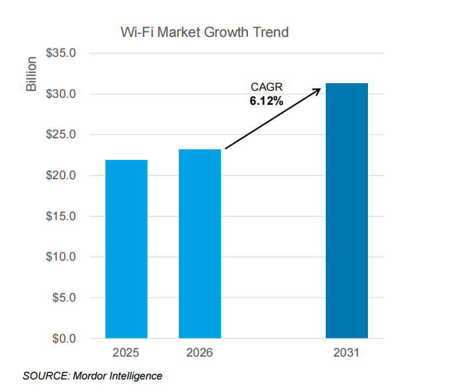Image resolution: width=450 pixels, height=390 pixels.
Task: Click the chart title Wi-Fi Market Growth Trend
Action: tap(204, 32)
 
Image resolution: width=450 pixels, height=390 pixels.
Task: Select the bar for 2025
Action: tap(126, 249)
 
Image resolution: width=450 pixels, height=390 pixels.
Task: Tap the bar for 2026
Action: tap(200, 244)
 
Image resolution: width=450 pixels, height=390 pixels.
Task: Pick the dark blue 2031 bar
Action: tap(347, 211)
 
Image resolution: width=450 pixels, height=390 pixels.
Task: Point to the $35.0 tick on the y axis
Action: tap(61, 53)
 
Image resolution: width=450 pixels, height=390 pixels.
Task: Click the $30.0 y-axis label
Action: tap(61, 94)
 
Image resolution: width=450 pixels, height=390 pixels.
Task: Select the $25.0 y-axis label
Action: tap(61, 135)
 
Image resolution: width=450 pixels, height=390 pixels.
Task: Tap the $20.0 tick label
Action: tap(61, 176)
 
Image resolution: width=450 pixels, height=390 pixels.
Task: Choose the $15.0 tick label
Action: tap(61, 216)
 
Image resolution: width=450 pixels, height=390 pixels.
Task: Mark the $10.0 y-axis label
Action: tap(61, 257)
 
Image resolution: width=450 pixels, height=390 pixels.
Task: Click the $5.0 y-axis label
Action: tap(63, 297)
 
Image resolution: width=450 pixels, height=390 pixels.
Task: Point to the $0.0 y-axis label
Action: tap(63, 338)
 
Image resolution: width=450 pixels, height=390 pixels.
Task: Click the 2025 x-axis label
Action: tap(126, 354)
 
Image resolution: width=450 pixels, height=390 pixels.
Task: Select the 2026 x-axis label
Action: tap(200, 354)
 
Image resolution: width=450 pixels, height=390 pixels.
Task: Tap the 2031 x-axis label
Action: tap(347, 354)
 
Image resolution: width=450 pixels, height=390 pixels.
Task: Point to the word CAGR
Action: tap(267, 88)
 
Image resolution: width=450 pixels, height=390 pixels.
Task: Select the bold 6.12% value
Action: tap(267, 101)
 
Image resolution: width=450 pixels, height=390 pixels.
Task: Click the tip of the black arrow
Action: tap(321, 89)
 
